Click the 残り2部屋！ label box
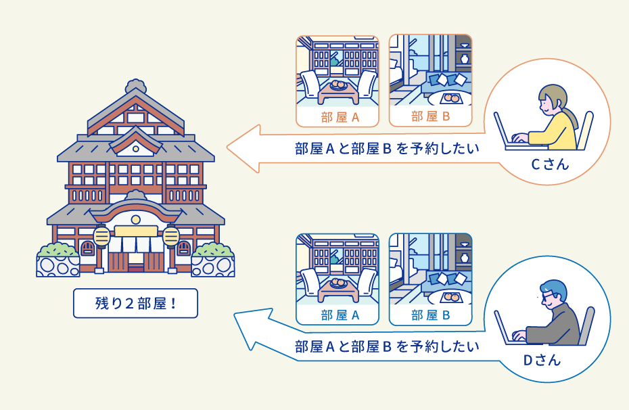pos(135,303)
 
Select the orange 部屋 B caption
pos(431,116)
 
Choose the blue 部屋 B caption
pos(431,315)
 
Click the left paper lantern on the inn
pos(101,237)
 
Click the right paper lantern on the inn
pos(171,237)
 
